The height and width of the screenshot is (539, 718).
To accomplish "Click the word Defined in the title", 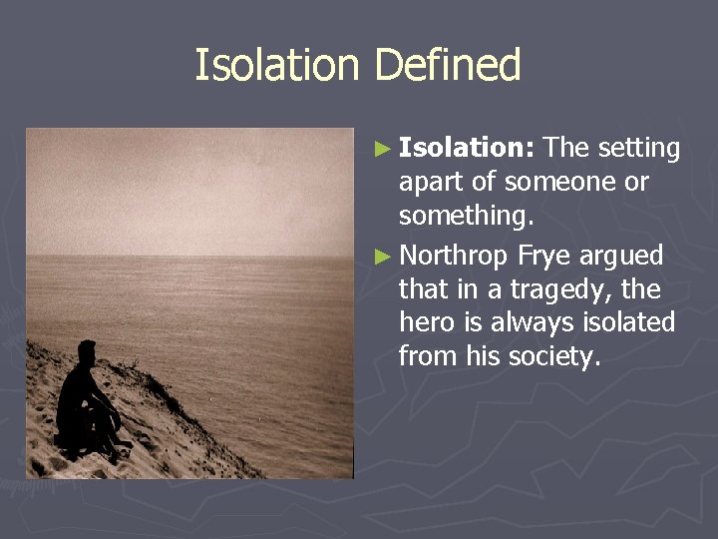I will point(448,66).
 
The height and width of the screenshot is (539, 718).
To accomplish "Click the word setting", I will point(638,150).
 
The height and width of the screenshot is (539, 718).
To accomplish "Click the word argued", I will point(622,257).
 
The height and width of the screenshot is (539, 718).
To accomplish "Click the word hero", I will point(426,323).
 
